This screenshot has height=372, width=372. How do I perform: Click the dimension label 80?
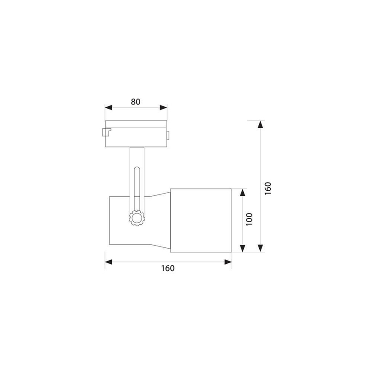(x=136, y=102)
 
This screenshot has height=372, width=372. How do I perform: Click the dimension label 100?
(x=249, y=219)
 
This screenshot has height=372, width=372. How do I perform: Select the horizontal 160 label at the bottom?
(x=168, y=268)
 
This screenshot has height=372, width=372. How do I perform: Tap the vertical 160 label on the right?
(x=267, y=189)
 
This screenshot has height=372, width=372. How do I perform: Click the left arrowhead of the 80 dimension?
(x=109, y=108)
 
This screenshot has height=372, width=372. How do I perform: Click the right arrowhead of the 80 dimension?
(x=163, y=108)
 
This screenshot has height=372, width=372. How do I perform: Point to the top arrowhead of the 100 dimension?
(x=242, y=193)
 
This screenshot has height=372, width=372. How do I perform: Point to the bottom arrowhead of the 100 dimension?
(x=242, y=248)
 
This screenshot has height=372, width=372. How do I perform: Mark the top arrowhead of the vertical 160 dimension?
(x=261, y=124)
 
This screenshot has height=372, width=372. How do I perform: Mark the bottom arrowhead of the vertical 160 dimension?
(x=261, y=248)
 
